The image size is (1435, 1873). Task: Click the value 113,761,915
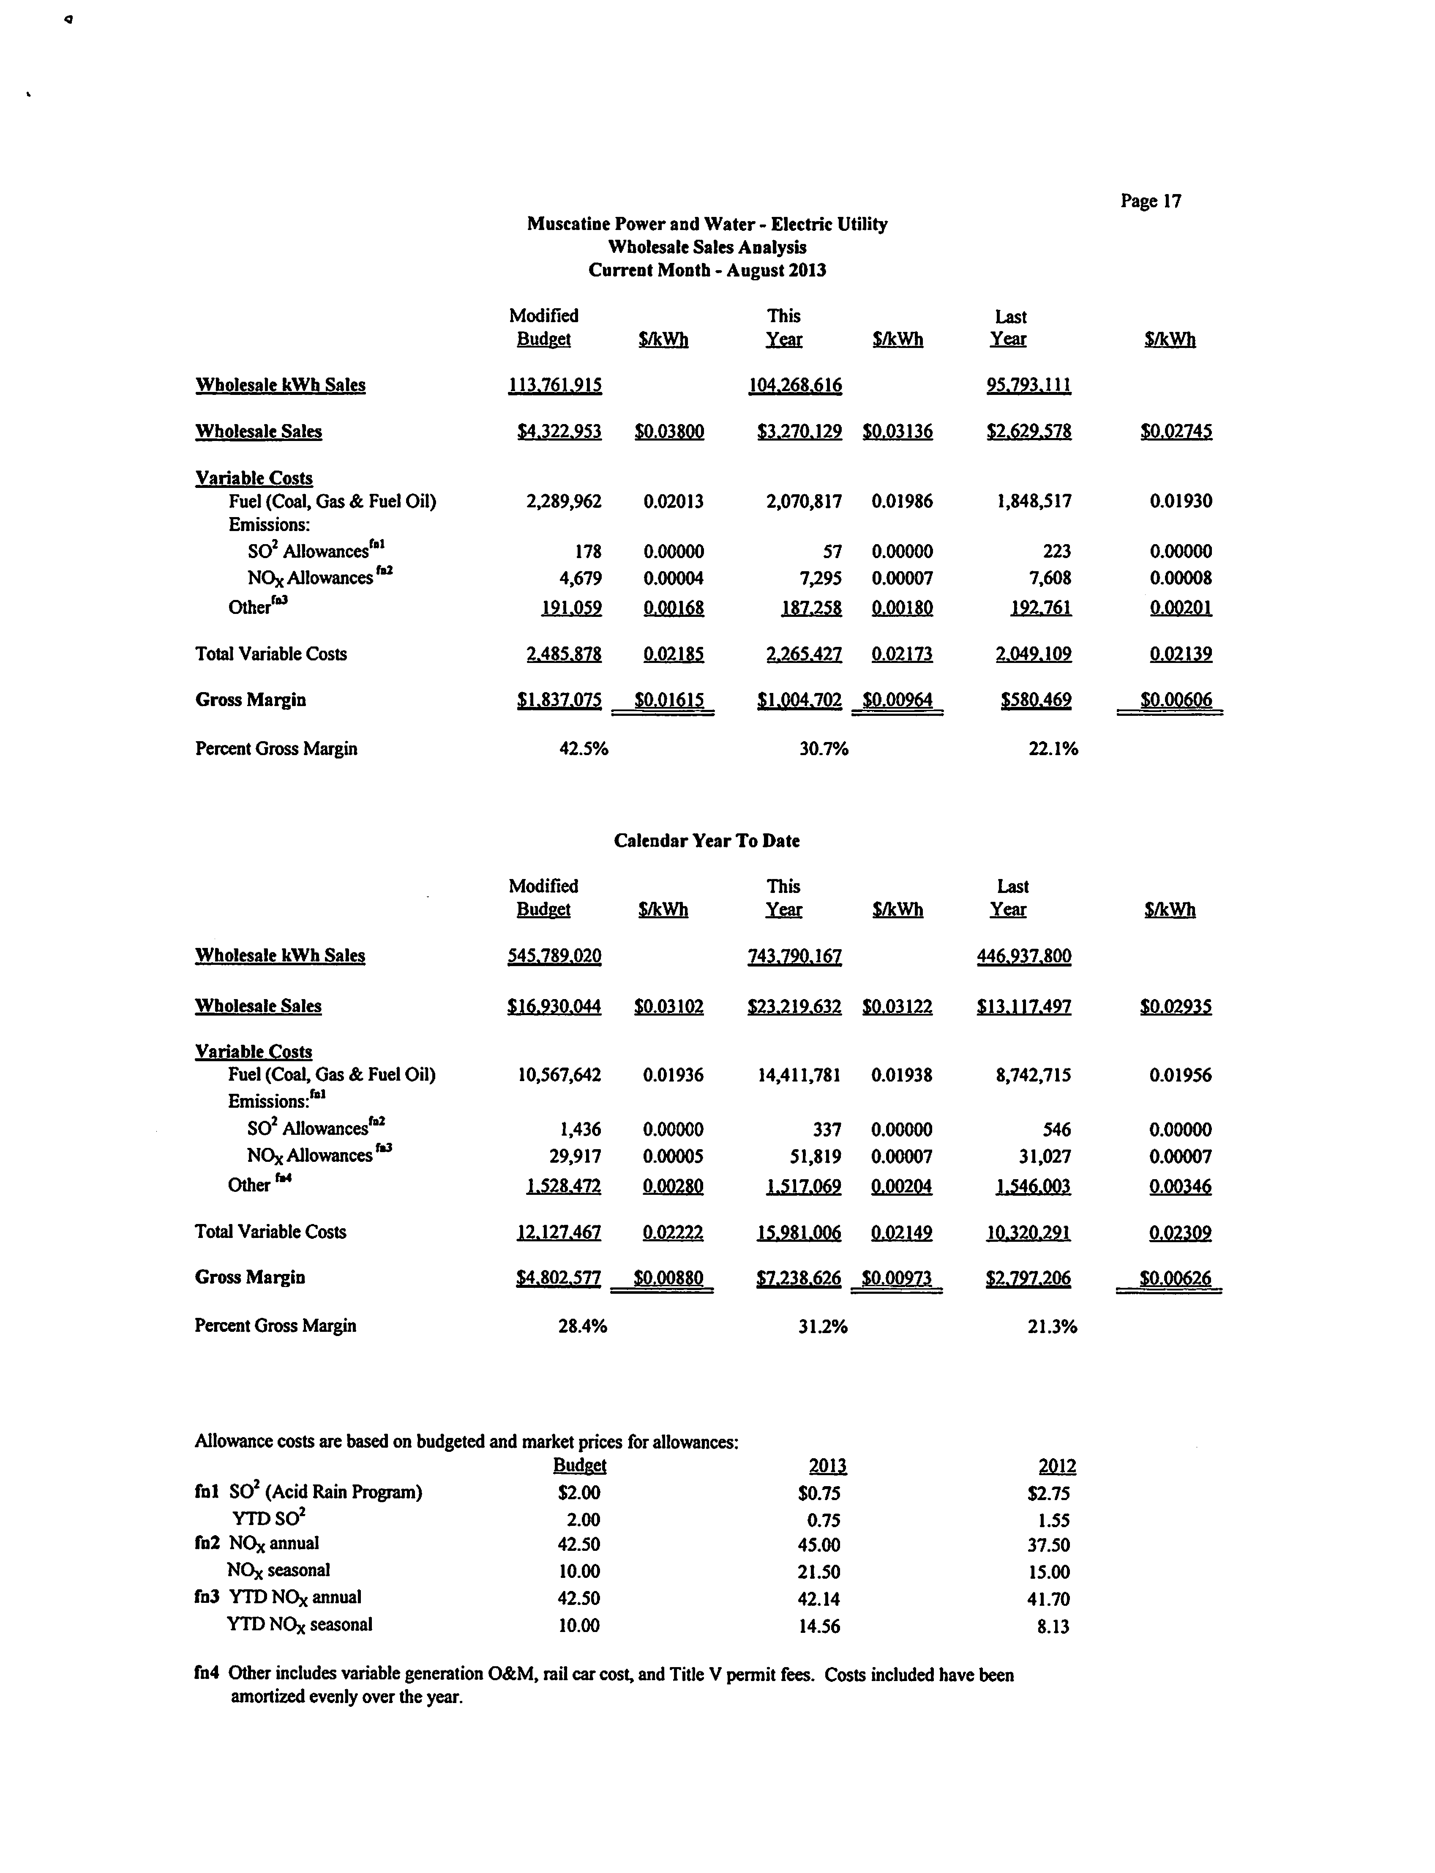pyautogui.click(x=555, y=385)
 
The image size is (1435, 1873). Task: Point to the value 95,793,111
pyautogui.click(x=1029, y=385)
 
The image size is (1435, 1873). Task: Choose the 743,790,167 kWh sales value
pyautogui.click(x=794, y=956)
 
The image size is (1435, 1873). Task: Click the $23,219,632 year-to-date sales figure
pyautogui.click(x=794, y=1007)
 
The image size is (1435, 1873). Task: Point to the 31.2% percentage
pyautogui.click(x=823, y=1326)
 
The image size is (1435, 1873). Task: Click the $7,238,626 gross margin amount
pyautogui.click(x=799, y=1278)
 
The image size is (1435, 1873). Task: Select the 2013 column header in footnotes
pyautogui.click(x=828, y=1466)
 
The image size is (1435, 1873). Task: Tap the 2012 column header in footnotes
pyautogui.click(x=1057, y=1466)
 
